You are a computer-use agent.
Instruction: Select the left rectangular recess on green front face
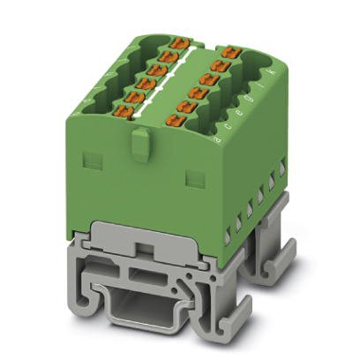[x=91, y=160]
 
